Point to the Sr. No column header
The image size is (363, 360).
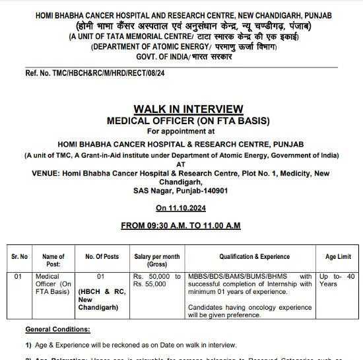pyautogui.click(x=19, y=256)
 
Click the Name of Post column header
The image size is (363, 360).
pyautogui.click(x=53, y=260)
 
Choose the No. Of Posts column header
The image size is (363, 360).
pyautogui.click(x=102, y=256)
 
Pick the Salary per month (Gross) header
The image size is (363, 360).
pyautogui.click(x=156, y=260)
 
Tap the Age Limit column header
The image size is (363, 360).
pyautogui.click(x=338, y=256)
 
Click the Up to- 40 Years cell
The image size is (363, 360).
pyautogui.click(x=337, y=280)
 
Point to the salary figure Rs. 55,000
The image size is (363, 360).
pyautogui.click(x=156, y=284)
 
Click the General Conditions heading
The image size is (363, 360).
pyautogui.click(x=58, y=329)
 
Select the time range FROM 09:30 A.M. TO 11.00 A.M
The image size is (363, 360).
pyautogui.click(x=181, y=226)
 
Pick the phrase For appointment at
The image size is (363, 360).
pyautogui.click(x=180, y=132)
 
